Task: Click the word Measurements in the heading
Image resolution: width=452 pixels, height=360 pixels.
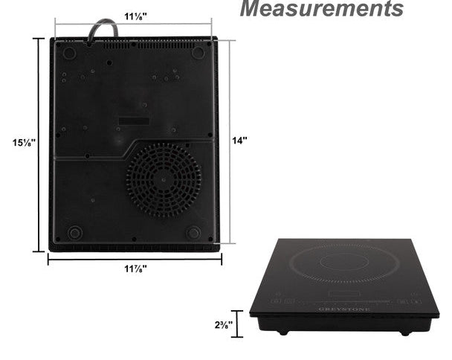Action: (321, 8)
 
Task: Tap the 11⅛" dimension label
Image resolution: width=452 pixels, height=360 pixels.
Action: (135, 16)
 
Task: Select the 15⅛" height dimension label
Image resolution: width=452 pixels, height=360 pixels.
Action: (24, 143)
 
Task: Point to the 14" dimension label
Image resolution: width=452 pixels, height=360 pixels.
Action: (240, 141)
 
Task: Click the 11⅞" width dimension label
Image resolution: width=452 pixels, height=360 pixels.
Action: (135, 269)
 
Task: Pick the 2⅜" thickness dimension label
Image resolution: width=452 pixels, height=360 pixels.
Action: (224, 325)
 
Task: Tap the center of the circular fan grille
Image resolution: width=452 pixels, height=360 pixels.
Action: (164, 180)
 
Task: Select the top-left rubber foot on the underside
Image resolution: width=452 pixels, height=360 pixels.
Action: (69, 53)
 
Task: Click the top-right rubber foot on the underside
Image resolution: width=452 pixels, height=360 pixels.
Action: (198, 53)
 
